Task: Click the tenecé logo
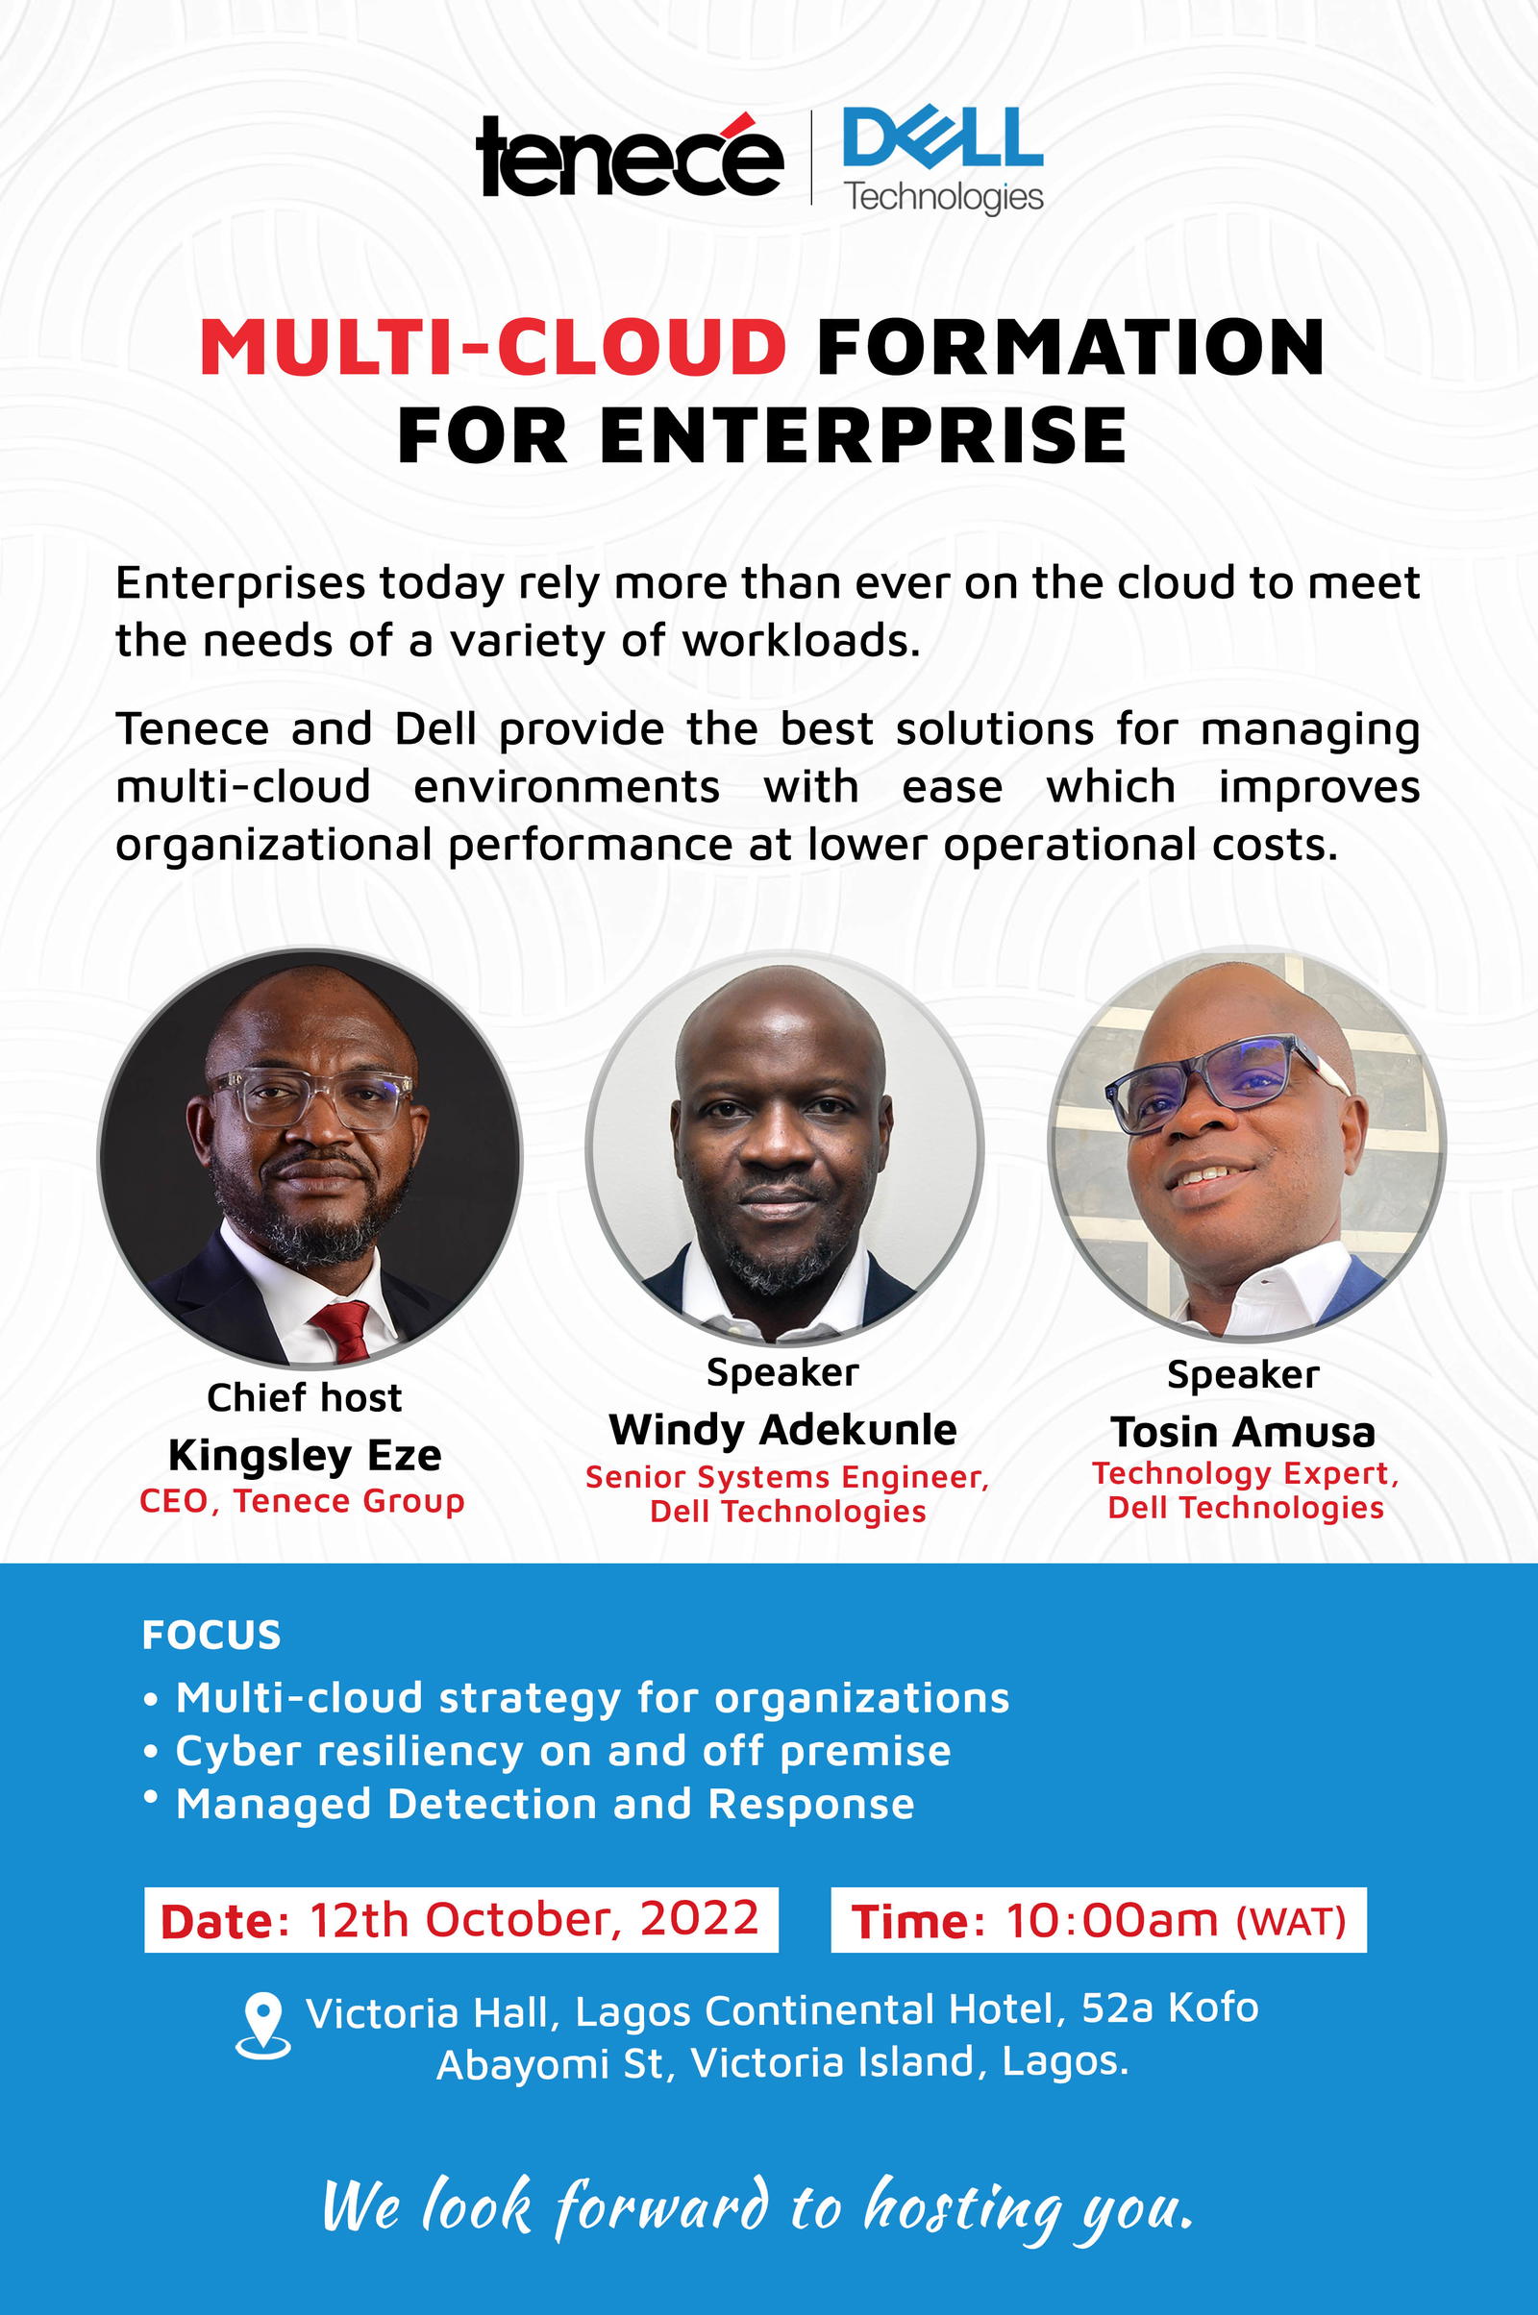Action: click(628, 157)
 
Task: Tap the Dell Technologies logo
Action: click(942, 159)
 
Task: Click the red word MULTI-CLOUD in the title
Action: click(492, 347)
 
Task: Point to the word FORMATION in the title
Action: click(1070, 347)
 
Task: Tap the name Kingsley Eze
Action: click(304, 1455)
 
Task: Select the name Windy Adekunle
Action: click(781, 1430)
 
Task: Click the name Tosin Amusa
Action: click(1243, 1433)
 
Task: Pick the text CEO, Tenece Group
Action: click(302, 1501)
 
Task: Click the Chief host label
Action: click(304, 1397)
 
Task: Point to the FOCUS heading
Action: click(211, 1635)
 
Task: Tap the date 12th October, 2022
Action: click(534, 1919)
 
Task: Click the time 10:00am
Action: click(1111, 1919)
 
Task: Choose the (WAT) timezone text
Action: click(1290, 1921)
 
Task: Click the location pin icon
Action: click(262, 2026)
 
